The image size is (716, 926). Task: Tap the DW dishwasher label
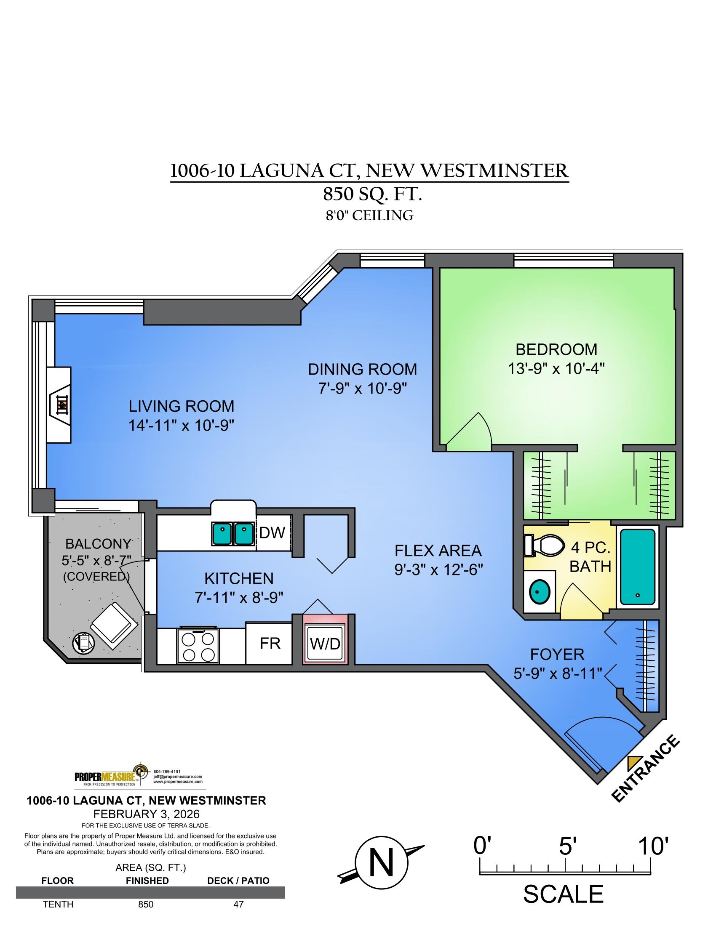[272, 532]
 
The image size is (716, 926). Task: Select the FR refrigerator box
[270, 643]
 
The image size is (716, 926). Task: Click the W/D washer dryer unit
[325, 644]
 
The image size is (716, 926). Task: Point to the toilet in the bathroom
[545, 545]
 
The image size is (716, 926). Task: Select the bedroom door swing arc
[471, 431]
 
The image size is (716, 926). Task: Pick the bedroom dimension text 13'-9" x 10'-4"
[556, 368]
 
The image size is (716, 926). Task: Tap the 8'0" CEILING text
[369, 216]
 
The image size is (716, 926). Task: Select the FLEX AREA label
[438, 551]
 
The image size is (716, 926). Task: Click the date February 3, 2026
[146, 814]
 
